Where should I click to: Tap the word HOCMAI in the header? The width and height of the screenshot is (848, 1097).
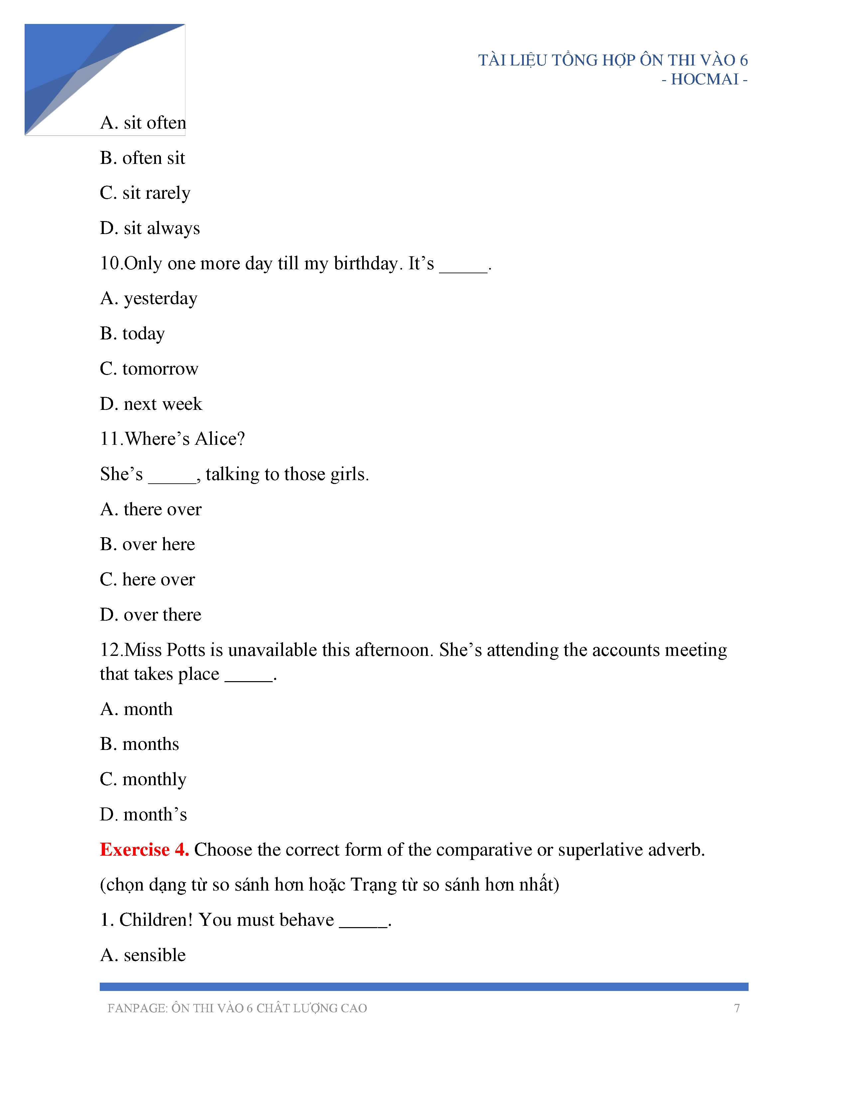(x=704, y=79)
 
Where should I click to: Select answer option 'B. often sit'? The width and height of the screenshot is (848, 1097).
(x=142, y=158)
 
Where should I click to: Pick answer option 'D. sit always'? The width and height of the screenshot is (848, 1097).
(x=150, y=229)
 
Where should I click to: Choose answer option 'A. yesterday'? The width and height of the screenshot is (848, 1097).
(x=149, y=299)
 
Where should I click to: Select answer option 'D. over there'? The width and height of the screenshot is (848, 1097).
(x=150, y=615)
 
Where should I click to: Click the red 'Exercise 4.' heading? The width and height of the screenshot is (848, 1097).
(x=144, y=850)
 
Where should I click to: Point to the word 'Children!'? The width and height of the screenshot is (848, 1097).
(x=156, y=920)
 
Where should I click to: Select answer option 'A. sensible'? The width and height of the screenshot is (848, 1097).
(x=143, y=955)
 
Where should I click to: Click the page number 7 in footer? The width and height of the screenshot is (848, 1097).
(x=737, y=1009)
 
